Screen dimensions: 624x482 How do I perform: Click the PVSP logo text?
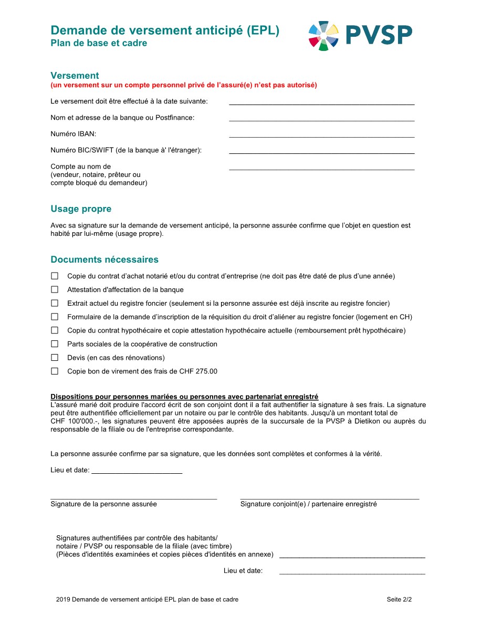(379, 35)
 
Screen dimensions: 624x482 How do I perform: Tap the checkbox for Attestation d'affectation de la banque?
(55, 289)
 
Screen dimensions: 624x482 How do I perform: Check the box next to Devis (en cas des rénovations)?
(55, 358)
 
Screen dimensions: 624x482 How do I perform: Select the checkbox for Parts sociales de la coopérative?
(55, 344)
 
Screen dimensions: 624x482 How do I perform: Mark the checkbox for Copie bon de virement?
(55, 371)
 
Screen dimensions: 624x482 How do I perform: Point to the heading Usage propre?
(81, 209)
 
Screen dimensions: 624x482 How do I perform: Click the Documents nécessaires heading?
(104, 259)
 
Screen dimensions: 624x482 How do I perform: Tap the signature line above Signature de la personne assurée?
(133, 497)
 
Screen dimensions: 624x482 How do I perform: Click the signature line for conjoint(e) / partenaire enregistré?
(329, 497)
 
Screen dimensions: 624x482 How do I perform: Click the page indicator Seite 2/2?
(399, 599)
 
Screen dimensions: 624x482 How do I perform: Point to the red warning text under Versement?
(184, 85)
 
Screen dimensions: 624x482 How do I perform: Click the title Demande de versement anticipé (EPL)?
(165, 31)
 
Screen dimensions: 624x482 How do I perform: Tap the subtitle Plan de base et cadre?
(99, 44)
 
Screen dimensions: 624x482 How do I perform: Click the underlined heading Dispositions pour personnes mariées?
(184, 397)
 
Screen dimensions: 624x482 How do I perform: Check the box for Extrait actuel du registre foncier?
(55, 303)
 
